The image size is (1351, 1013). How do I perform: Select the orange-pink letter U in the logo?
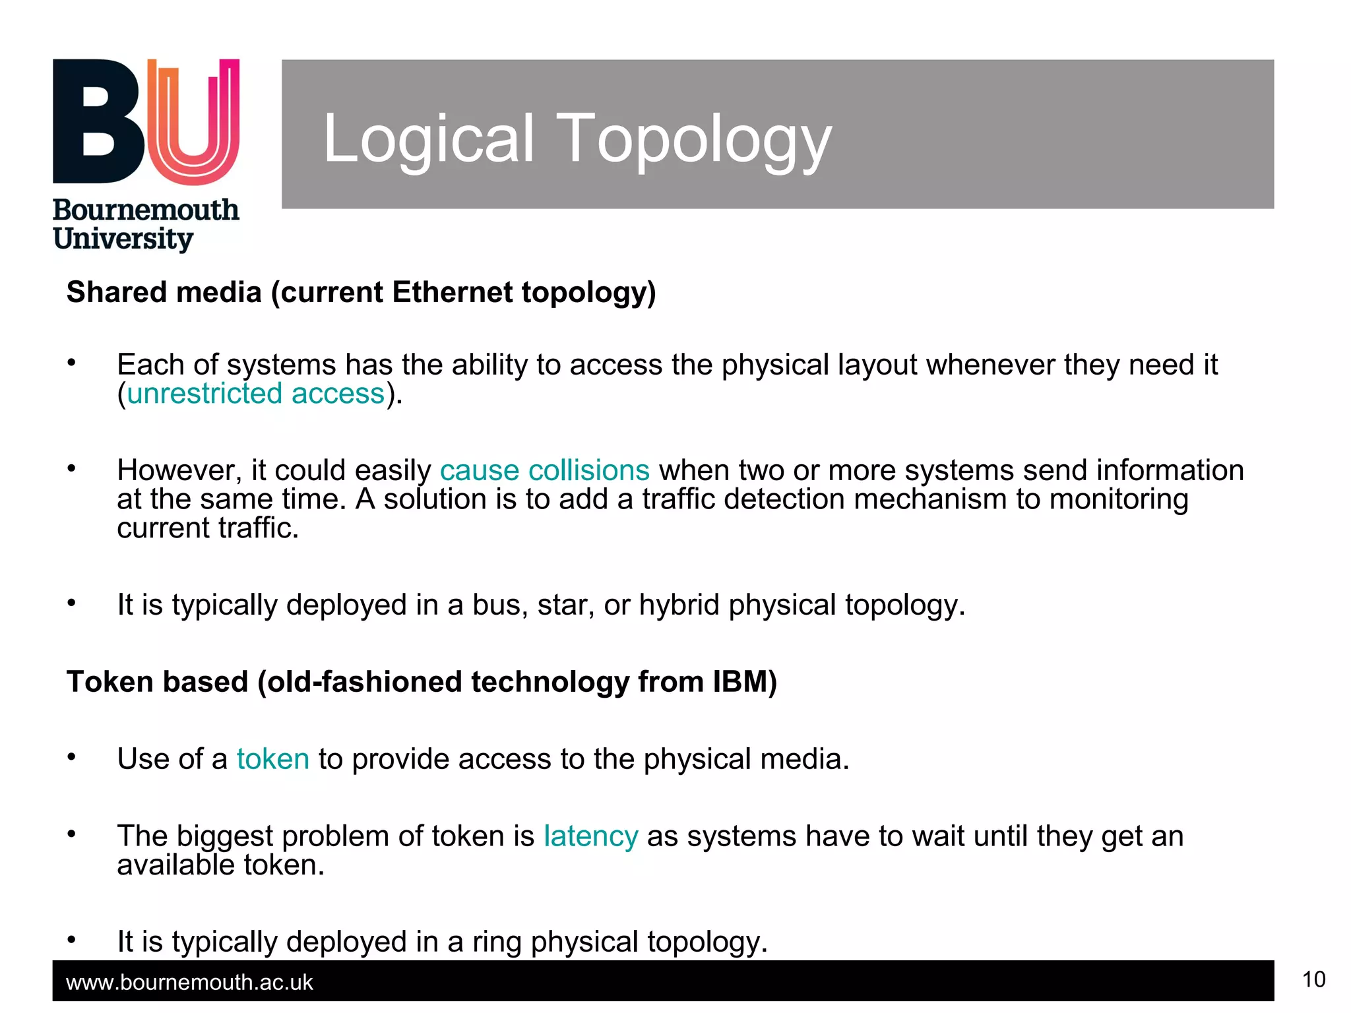[193, 122]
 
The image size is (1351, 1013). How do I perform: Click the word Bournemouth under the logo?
[146, 210]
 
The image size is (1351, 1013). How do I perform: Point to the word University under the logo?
[123, 239]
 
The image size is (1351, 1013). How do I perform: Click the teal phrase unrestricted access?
[255, 394]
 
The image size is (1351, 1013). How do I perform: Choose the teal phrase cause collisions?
[544, 470]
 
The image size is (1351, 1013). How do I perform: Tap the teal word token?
[273, 759]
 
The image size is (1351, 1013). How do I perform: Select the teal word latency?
[590, 836]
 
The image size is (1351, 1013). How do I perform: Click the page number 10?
[1313, 979]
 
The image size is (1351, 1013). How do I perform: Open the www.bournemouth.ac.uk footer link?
[189, 983]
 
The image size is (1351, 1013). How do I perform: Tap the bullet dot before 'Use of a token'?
[72, 757]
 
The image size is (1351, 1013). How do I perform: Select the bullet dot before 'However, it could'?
[72, 469]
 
